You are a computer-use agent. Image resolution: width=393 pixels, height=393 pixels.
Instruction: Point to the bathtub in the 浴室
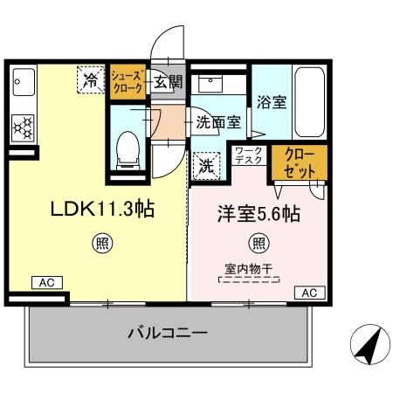[310, 100]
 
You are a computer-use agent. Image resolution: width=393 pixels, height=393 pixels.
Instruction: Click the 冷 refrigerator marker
[92, 79]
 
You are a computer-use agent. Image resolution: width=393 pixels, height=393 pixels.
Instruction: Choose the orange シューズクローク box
[128, 82]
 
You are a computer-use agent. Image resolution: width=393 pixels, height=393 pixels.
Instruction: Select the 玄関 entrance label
[168, 83]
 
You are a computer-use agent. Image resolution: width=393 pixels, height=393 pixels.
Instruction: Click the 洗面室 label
[217, 123]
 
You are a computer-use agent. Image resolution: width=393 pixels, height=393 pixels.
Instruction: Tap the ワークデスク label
[249, 157]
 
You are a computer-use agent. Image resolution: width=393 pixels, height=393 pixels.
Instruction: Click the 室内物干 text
[248, 269]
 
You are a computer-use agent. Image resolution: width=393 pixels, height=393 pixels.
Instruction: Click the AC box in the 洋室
[308, 293]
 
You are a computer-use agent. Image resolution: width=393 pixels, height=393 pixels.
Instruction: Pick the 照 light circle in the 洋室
[259, 244]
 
